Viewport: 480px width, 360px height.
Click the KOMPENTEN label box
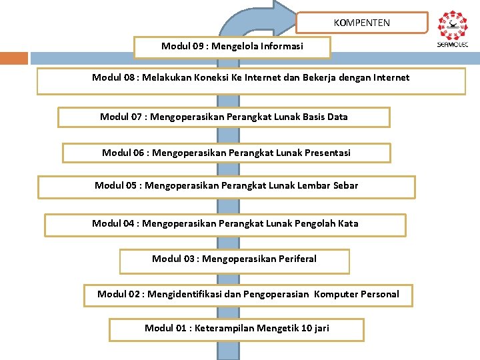pos(362,23)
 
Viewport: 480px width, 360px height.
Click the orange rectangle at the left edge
pos(14,59)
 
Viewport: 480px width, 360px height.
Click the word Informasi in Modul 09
pos(282,46)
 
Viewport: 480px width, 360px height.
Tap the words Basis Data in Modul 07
pos(325,117)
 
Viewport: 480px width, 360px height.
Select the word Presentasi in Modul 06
pos(327,153)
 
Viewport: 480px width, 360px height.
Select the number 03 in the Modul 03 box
pos(190,259)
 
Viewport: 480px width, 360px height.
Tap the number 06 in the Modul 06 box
pos(140,153)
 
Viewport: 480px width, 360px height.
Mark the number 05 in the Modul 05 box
pos(133,185)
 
